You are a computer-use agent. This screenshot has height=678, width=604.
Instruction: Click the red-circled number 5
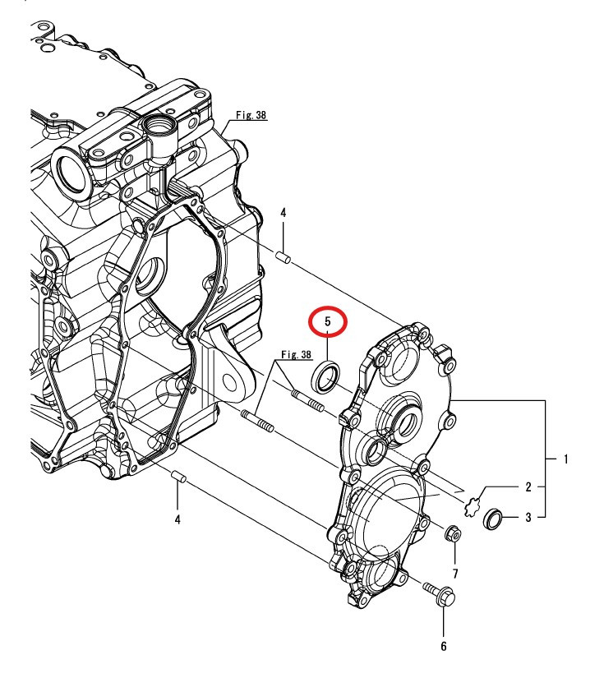click(x=328, y=321)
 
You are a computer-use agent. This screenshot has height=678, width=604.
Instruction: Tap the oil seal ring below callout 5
click(x=326, y=376)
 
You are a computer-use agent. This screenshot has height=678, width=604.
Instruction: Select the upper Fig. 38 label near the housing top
click(x=251, y=117)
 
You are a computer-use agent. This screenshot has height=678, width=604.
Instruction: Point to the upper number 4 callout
click(x=283, y=213)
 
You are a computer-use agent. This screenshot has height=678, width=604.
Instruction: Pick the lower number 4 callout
click(x=178, y=519)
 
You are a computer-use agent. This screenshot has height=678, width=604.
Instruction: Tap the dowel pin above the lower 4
click(x=178, y=477)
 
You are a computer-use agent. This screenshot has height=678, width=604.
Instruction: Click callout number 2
click(x=528, y=487)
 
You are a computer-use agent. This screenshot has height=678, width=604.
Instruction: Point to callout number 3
click(x=528, y=518)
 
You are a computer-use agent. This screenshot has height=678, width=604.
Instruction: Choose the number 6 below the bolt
click(x=443, y=647)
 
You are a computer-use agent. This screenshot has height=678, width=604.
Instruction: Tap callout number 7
click(x=454, y=572)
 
